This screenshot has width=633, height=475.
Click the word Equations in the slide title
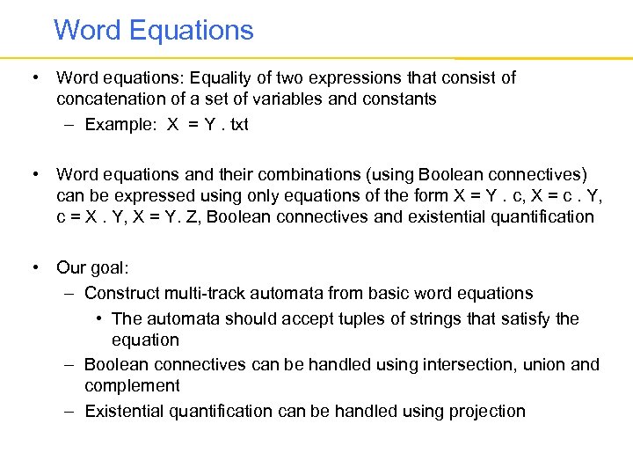[x=191, y=30]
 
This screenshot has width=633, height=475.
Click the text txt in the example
[x=238, y=124]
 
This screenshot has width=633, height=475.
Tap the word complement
[x=132, y=385]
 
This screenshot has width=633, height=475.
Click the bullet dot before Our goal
[x=34, y=267]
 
